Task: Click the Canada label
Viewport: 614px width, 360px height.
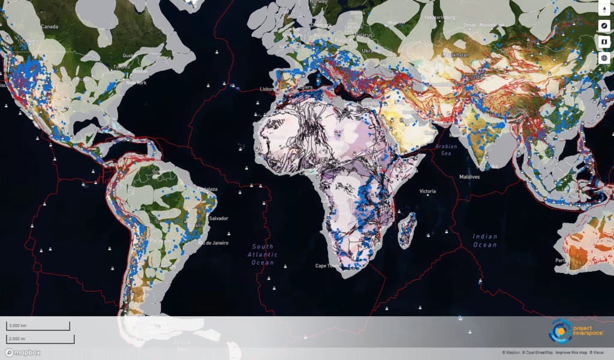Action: tap(49, 26)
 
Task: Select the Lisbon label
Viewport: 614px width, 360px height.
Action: tap(267, 89)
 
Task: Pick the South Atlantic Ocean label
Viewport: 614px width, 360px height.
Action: tap(263, 254)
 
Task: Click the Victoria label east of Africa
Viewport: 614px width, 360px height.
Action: tap(428, 191)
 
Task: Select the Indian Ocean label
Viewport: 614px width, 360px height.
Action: tap(484, 241)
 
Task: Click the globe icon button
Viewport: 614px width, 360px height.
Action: tap(604, 58)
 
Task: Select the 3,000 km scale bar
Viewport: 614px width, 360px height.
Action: tap(38, 326)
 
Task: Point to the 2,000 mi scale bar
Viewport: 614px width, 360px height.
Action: tap(40, 339)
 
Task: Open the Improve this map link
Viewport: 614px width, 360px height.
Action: tap(570, 353)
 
